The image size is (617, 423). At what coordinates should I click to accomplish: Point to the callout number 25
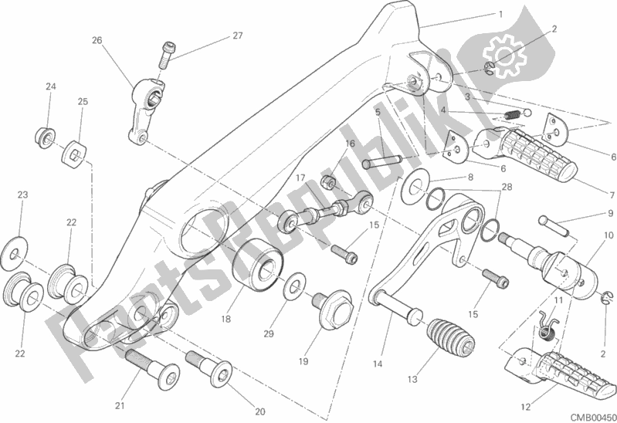83,101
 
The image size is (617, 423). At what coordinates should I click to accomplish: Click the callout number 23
22,194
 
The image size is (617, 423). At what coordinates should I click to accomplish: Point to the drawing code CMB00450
589,415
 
